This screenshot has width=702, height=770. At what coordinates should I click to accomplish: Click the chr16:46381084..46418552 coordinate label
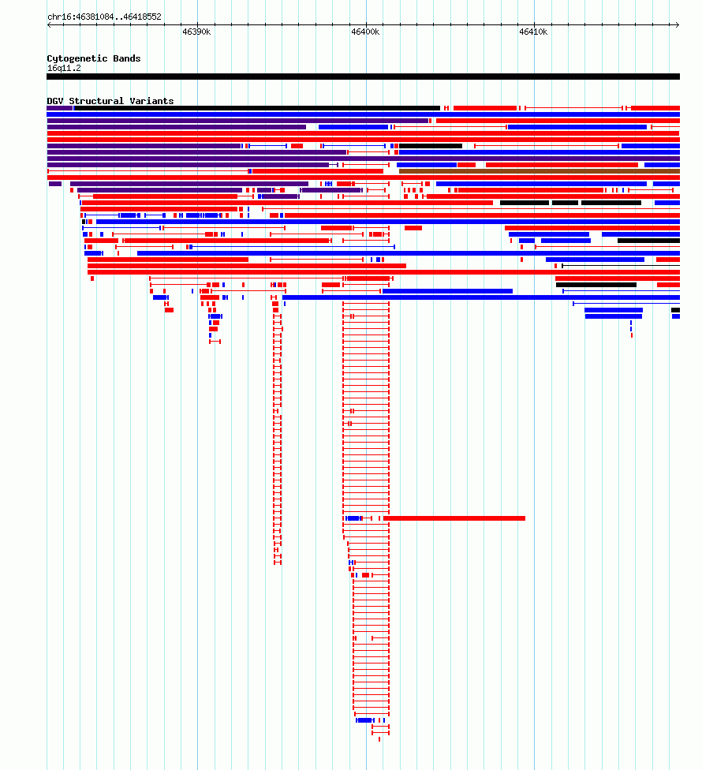(104, 17)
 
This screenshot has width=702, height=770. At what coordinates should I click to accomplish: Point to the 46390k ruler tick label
(196, 32)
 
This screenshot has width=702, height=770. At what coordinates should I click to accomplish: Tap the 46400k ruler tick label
(365, 32)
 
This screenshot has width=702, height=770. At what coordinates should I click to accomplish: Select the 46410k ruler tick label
(533, 32)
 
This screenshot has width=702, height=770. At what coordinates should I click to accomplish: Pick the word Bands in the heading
(127, 58)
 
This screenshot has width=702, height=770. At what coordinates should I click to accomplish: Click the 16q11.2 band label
(64, 69)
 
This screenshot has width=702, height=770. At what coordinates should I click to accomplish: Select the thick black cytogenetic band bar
(364, 77)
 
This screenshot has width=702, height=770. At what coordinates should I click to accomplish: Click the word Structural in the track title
(96, 101)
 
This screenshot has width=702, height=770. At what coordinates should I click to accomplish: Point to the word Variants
(151, 101)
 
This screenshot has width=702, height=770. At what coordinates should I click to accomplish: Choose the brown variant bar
(540, 171)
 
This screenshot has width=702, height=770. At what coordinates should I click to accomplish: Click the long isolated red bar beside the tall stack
(454, 518)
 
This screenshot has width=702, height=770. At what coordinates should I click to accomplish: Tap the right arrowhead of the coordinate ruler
(678, 24)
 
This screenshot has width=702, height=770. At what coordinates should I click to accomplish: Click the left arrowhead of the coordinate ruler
(49, 24)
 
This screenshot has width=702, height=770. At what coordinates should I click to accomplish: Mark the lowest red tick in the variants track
(379, 739)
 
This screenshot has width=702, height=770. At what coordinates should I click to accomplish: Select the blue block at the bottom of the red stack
(364, 720)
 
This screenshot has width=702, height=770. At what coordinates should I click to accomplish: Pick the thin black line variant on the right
(621, 266)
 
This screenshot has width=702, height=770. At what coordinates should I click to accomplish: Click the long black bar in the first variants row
(256, 108)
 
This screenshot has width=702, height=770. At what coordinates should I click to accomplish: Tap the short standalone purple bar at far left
(55, 184)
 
